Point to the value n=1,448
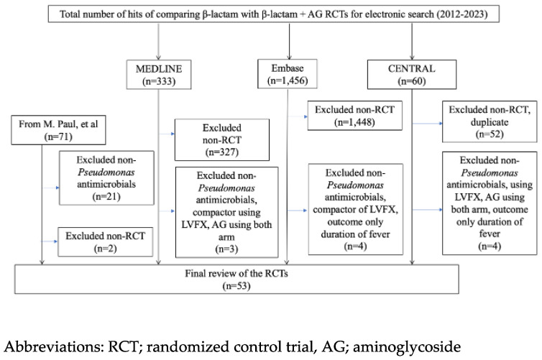(354, 122)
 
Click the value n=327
(222, 152)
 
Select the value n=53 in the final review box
(236, 286)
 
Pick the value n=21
(106, 197)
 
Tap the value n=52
(490, 134)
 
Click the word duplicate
(490, 122)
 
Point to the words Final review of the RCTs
(236, 274)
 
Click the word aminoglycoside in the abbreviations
(407, 346)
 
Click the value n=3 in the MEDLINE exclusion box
(226, 249)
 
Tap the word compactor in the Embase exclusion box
(334, 210)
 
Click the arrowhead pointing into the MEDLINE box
(158, 57)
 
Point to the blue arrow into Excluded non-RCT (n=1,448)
(298, 117)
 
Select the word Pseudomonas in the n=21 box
(106, 172)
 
